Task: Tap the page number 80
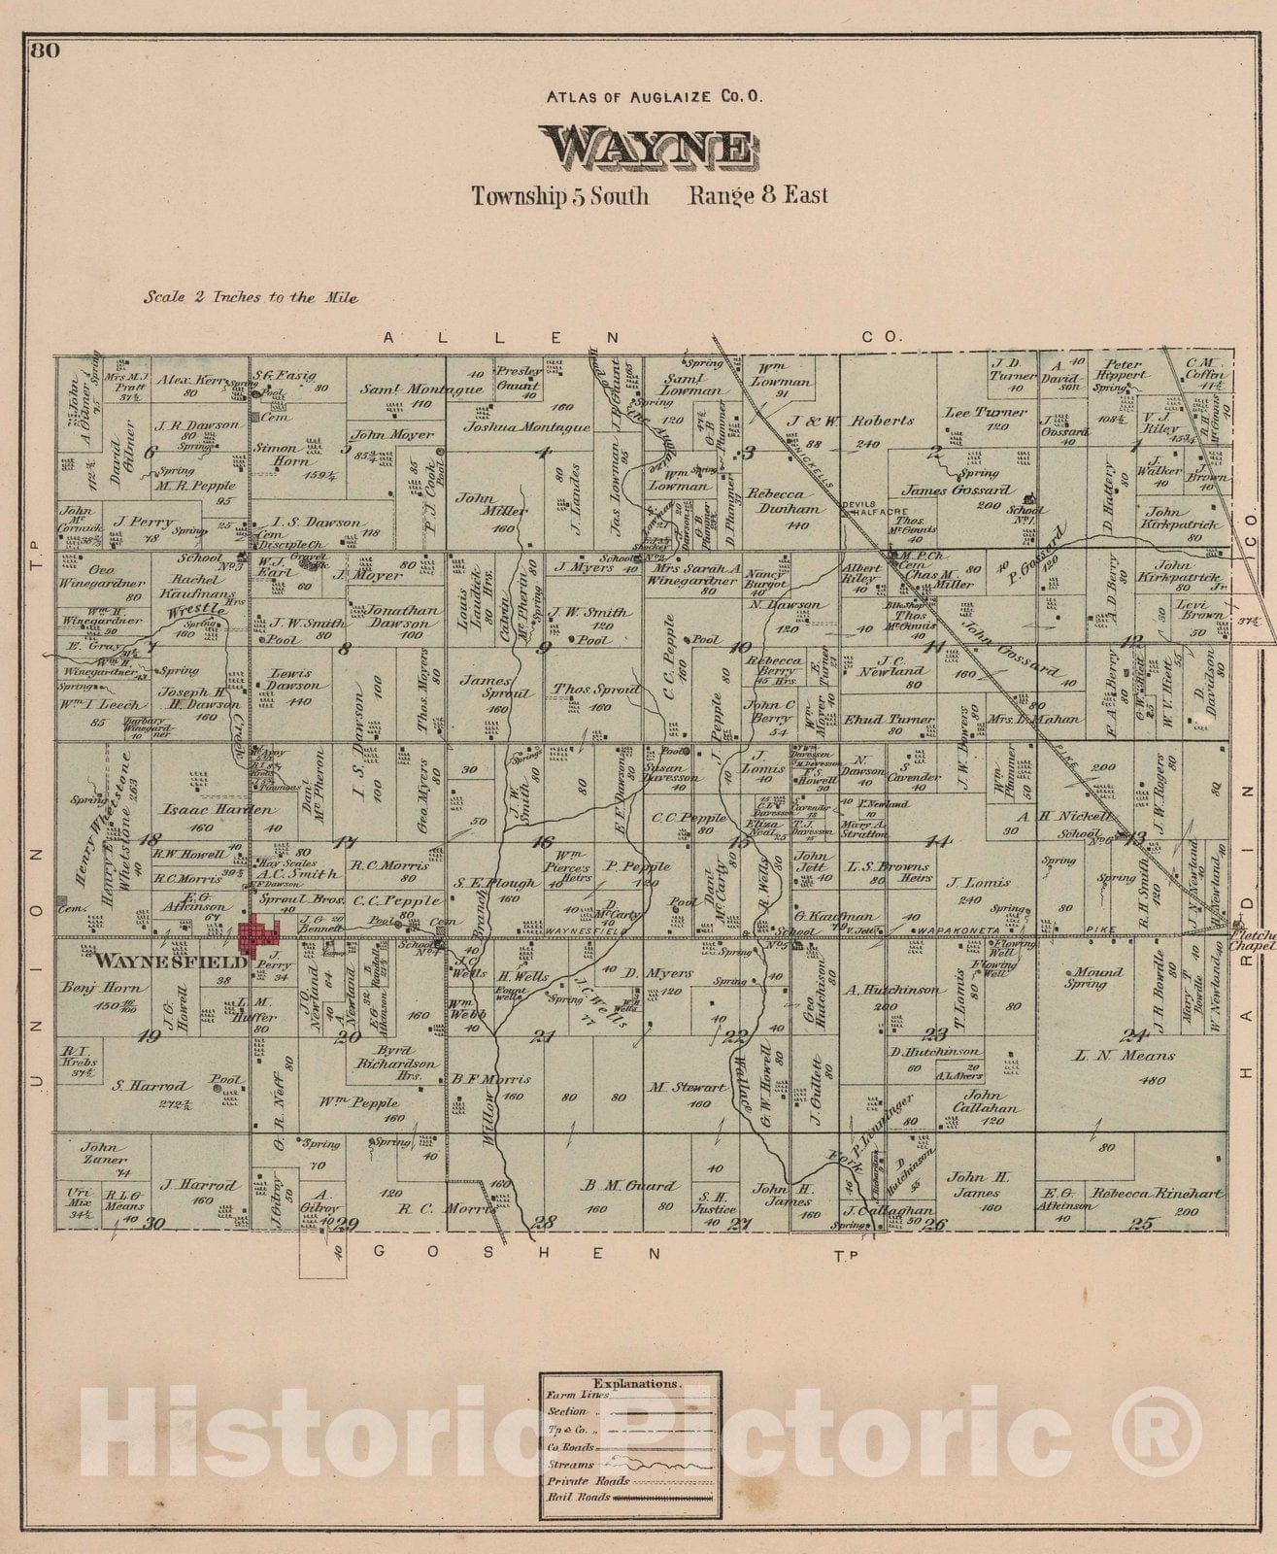[44, 51]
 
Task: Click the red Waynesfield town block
[258, 935]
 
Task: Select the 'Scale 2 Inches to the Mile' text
[251, 297]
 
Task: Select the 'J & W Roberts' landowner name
[852, 421]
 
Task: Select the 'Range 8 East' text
[757, 195]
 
